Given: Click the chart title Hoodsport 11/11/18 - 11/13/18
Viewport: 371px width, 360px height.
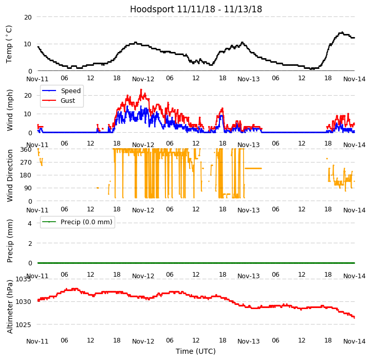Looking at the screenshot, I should point(196,9).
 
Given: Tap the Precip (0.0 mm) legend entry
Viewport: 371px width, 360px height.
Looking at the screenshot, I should point(83,222).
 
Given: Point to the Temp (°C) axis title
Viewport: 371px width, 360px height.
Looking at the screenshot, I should point(9,44).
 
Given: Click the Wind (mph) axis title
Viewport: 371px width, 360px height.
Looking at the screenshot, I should point(10,110).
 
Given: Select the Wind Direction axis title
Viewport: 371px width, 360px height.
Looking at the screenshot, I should point(10,175).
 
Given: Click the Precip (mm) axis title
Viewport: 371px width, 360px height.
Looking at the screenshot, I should point(10,241).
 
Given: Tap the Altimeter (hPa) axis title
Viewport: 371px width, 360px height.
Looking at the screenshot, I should point(10,307).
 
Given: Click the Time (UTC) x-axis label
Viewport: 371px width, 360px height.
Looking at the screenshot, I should point(196,351).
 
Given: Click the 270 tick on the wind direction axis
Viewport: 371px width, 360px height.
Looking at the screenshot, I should point(25,163).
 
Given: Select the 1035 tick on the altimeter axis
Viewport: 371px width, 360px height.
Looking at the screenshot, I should point(24,279).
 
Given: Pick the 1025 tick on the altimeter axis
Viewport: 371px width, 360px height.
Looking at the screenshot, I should point(24,325).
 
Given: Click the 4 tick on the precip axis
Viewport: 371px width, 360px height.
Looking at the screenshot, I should point(30,223).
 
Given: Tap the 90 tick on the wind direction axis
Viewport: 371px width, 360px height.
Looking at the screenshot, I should point(27,189).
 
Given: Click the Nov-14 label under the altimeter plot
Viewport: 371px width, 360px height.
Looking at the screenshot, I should point(355,341).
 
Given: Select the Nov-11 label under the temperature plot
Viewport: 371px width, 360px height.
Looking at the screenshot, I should point(38,79).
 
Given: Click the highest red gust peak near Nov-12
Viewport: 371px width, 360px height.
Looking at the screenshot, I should point(141,89).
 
